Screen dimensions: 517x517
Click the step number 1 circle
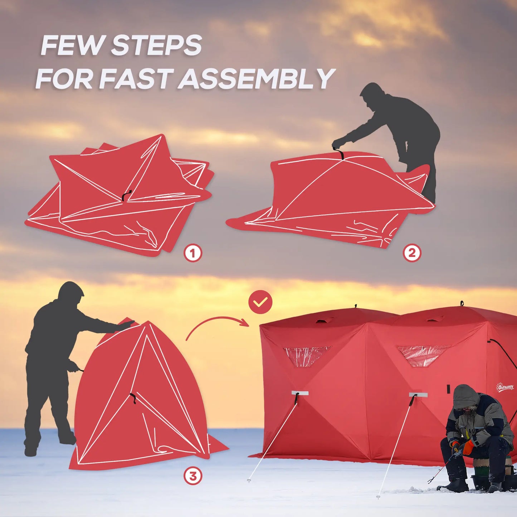point(193,253)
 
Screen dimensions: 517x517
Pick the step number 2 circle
point(412,253)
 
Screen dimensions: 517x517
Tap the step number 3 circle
point(193,476)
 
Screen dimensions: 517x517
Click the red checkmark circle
point(260,302)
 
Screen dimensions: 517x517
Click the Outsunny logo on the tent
point(505,387)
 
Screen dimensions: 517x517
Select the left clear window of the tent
point(307,356)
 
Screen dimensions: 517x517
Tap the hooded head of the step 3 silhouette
point(71,293)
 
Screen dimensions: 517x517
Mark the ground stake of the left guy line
point(249,481)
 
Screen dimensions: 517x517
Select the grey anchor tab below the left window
point(300,393)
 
